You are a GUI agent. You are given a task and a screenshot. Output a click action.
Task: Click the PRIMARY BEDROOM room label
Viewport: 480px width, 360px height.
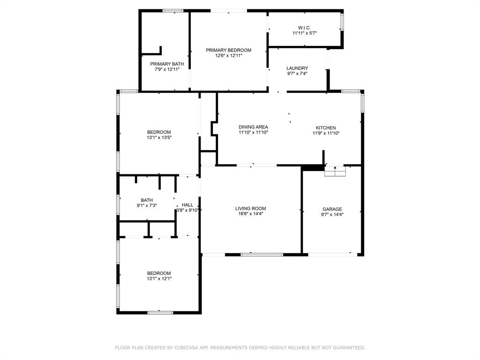coord(228,50)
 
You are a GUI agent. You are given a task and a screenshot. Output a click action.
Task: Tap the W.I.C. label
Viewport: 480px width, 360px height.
coord(304,28)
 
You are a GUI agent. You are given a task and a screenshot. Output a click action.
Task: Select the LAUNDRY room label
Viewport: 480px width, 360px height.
coord(297,68)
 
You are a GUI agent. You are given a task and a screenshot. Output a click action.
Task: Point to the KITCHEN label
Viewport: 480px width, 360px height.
coord(326,128)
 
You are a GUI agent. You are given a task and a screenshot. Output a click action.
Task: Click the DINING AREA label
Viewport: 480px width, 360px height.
coord(253,127)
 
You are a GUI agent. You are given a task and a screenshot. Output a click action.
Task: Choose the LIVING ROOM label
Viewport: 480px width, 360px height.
coord(250,209)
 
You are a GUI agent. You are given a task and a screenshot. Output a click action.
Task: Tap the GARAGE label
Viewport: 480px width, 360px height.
coord(332,209)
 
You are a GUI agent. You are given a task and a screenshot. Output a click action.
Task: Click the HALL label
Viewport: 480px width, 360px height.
coord(187,205)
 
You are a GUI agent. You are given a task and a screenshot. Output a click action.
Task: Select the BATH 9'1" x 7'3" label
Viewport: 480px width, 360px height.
coord(147,200)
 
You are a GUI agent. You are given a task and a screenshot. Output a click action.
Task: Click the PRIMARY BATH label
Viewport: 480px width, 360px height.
coord(167,64)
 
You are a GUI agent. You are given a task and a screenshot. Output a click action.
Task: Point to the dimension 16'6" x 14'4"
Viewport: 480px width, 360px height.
coord(251,214)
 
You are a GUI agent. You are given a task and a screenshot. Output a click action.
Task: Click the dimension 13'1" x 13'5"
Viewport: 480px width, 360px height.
coord(159,138)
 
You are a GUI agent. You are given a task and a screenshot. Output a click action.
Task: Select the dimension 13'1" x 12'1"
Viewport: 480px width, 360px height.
coord(159,279)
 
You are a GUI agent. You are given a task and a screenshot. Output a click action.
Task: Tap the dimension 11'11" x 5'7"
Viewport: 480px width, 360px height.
coord(305,33)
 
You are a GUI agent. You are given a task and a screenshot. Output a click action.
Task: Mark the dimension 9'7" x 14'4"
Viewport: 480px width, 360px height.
coord(332,215)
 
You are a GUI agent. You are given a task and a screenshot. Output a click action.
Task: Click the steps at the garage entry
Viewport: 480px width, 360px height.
coord(335,172)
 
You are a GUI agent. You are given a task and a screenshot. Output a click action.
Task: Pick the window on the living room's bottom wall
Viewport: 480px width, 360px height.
coord(262,255)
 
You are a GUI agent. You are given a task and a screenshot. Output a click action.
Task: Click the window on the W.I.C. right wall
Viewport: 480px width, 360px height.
coord(342,22)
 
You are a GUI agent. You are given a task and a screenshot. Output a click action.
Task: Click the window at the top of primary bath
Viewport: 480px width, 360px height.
coord(172,10)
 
